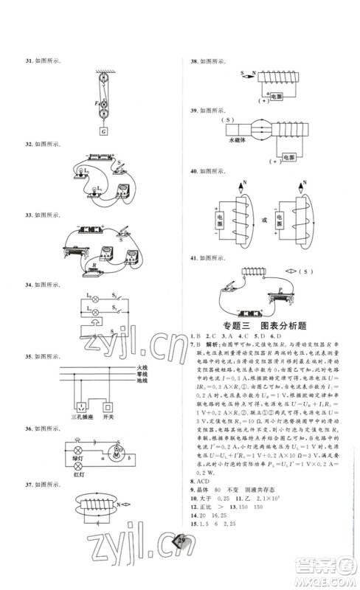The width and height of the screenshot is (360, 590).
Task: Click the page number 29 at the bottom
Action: pos(181,562)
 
